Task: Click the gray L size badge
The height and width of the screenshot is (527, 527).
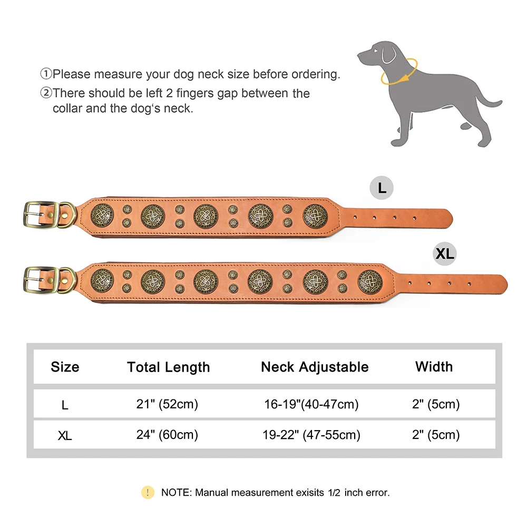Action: pyautogui.click(x=382, y=188)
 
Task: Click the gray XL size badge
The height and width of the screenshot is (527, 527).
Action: pyautogui.click(x=445, y=253)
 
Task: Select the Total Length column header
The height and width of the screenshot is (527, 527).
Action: pyautogui.click(x=169, y=367)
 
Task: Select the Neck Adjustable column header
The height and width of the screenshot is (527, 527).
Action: pyautogui.click(x=315, y=367)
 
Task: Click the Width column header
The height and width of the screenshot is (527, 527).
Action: pyautogui.click(x=434, y=367)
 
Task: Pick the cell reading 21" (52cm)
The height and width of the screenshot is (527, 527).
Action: pyautogui.click(x=167, y=404)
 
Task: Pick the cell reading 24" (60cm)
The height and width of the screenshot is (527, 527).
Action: pyautogui.click(x=167, y=435)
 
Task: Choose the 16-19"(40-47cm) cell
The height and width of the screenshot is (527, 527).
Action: pyautogui.click(x=311, y=404)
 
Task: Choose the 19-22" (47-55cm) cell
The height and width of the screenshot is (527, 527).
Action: pyautogui.click(x=311, y=435)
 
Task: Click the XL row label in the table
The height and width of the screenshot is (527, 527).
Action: pyautogui.click(x=65, y=436)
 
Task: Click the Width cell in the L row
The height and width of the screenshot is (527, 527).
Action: pyautogui.click(x=436, y=404)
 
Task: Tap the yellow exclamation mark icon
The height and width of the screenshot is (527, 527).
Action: pyautogui.click(x=148, y=492)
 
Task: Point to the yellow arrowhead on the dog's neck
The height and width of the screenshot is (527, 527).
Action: pyautogui.click(x=405, y=77)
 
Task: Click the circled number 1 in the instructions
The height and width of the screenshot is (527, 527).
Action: pyautogui.click(x=46, y=74)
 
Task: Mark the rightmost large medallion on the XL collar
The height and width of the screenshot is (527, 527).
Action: pyautogui.click(x=370, y=282)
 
